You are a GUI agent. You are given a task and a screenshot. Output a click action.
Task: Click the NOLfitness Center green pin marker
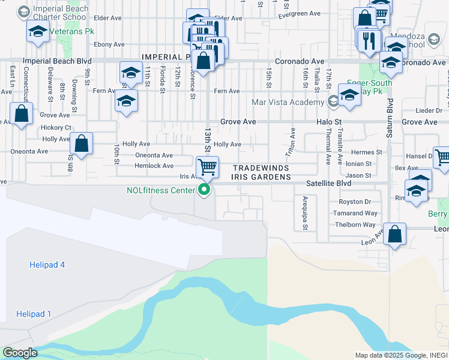tap(204, 190)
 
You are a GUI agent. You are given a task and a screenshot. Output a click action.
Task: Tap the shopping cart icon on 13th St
tap(207, 166)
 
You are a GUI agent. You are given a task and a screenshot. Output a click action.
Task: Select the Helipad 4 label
tap(47, 265)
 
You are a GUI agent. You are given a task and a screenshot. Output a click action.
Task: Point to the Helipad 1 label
tap(34, 314)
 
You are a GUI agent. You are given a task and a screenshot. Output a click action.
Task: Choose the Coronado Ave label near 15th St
tap(300, 61)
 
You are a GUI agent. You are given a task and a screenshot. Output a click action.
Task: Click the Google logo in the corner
tap(20, 353)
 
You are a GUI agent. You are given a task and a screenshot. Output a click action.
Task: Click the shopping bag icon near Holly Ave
tap(81, 144)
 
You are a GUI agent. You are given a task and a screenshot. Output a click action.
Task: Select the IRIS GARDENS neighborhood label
tap(261, 177)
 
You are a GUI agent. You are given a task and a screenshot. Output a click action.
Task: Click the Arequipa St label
tap(305, 212)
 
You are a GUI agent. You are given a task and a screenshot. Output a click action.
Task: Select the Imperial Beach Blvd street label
tap(57, 61)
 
